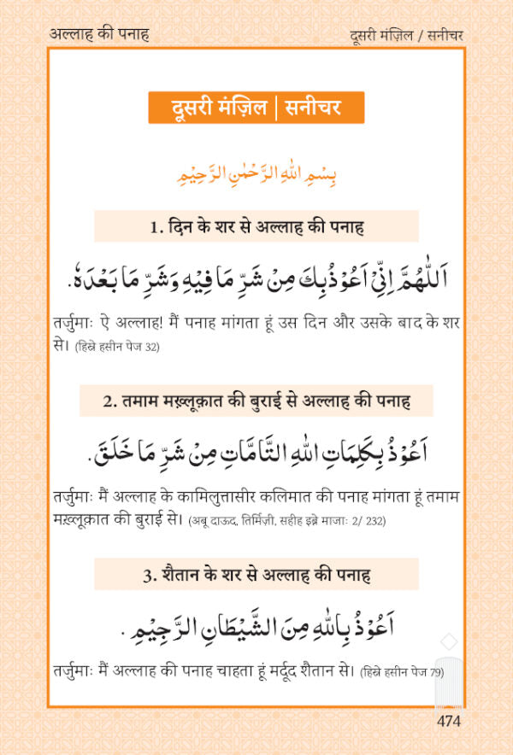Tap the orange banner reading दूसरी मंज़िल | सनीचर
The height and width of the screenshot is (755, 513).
(256, 108)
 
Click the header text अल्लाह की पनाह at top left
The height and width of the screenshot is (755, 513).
(100, 34)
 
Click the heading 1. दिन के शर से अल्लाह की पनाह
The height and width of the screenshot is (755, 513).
(256, 227)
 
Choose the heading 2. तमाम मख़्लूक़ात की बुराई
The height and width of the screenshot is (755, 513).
(256, 400)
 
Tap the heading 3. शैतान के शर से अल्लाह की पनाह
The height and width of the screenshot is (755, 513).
(256, 575)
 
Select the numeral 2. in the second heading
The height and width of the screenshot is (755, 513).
(106, 401)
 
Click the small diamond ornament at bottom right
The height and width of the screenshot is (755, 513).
(446, 641)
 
